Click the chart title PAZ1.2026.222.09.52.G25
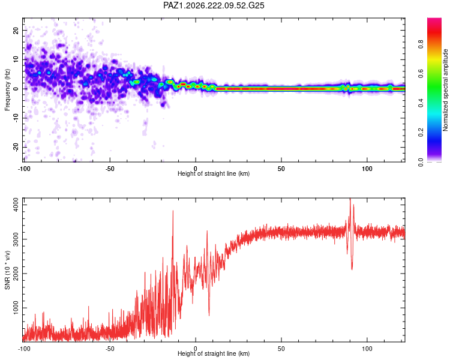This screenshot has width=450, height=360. point(214,5)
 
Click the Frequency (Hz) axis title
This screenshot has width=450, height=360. point(7,90)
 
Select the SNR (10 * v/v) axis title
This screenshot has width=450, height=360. point(7,270)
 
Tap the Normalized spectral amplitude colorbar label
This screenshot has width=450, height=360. point(445,90)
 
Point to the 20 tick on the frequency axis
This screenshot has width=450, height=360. point(16,30)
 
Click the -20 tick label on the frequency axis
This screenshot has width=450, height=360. point(16,147)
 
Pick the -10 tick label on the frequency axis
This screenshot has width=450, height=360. point(16,118)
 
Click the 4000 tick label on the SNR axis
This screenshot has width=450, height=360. point(16,205)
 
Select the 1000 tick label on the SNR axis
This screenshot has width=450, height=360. point(16,308)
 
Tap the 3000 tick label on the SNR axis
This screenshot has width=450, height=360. point(16,239)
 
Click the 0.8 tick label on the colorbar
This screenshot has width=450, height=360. point(421,44)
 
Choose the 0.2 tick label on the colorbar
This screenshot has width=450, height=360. point(421,133)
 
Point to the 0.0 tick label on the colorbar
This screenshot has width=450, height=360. point(421,162)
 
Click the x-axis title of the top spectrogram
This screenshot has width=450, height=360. point(214,173)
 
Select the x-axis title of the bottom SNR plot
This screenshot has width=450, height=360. point(214,353)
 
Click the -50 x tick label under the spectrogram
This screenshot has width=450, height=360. point(110,169)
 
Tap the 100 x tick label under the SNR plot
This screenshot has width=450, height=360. point(367,349)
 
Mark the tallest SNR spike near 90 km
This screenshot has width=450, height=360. point(350,199)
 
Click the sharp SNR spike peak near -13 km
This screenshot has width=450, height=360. point(173,211)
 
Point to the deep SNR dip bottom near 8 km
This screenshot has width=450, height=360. point(209,316)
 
